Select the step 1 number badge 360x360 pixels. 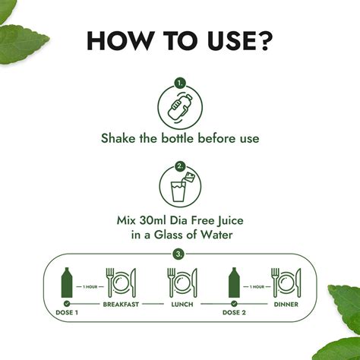pyautogui.click(x=180, y=82)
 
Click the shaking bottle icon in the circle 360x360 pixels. pyautogui.click(x=180, y=106)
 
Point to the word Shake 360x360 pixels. pyautogui.click(x=119, y=139)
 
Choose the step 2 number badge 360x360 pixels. pyautogui.click(x=180, y=165)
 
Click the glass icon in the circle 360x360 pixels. pyautogui.click(x=180, y=190)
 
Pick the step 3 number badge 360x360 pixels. pyautogui.click(x=179, y=253)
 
